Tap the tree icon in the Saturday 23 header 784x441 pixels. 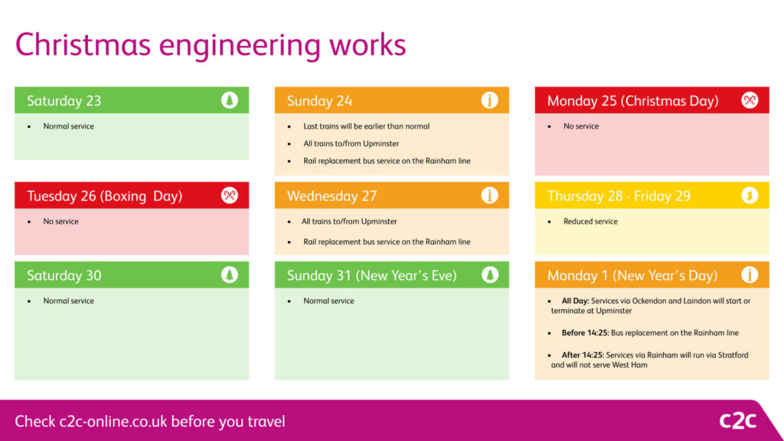(230, 100)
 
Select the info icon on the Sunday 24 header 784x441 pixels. (489, 100)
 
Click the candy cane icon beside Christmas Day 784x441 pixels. (750, 100)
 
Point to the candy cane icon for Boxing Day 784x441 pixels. (230, 195)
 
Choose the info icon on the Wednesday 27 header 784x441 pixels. (489, 195)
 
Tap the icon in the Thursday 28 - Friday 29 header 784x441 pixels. (750, 195)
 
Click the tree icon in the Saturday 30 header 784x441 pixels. (230, 275)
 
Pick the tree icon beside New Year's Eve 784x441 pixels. (489, 275)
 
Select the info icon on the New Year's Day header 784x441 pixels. (750, 275)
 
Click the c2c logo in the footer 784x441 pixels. (737, 420)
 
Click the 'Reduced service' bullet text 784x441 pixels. (590, 221)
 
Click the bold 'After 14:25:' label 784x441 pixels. (583, 355)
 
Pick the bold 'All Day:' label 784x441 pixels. (576, 301)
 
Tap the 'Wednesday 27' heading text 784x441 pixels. (332, 196)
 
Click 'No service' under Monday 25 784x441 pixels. (581, 126)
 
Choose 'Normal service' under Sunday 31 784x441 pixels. (328, 301)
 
